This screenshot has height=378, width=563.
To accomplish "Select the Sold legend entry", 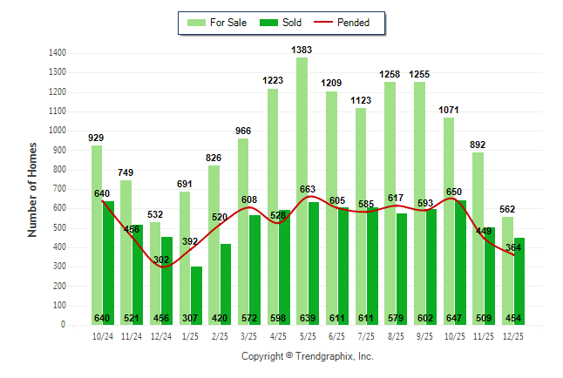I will tap(280, 23).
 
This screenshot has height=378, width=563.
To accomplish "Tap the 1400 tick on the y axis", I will tap(58, 53).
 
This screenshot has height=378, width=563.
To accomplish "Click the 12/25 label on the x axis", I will tap(513, 334).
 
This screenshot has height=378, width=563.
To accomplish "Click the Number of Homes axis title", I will tap(32, 189).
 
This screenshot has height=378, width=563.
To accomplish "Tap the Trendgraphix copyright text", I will tap(307, 356).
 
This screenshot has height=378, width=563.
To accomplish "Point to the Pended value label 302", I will tap(162, 259).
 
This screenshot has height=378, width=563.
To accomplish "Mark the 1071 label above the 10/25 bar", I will tap(449, 111).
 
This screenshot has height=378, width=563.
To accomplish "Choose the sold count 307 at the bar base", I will tap(191, 318).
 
